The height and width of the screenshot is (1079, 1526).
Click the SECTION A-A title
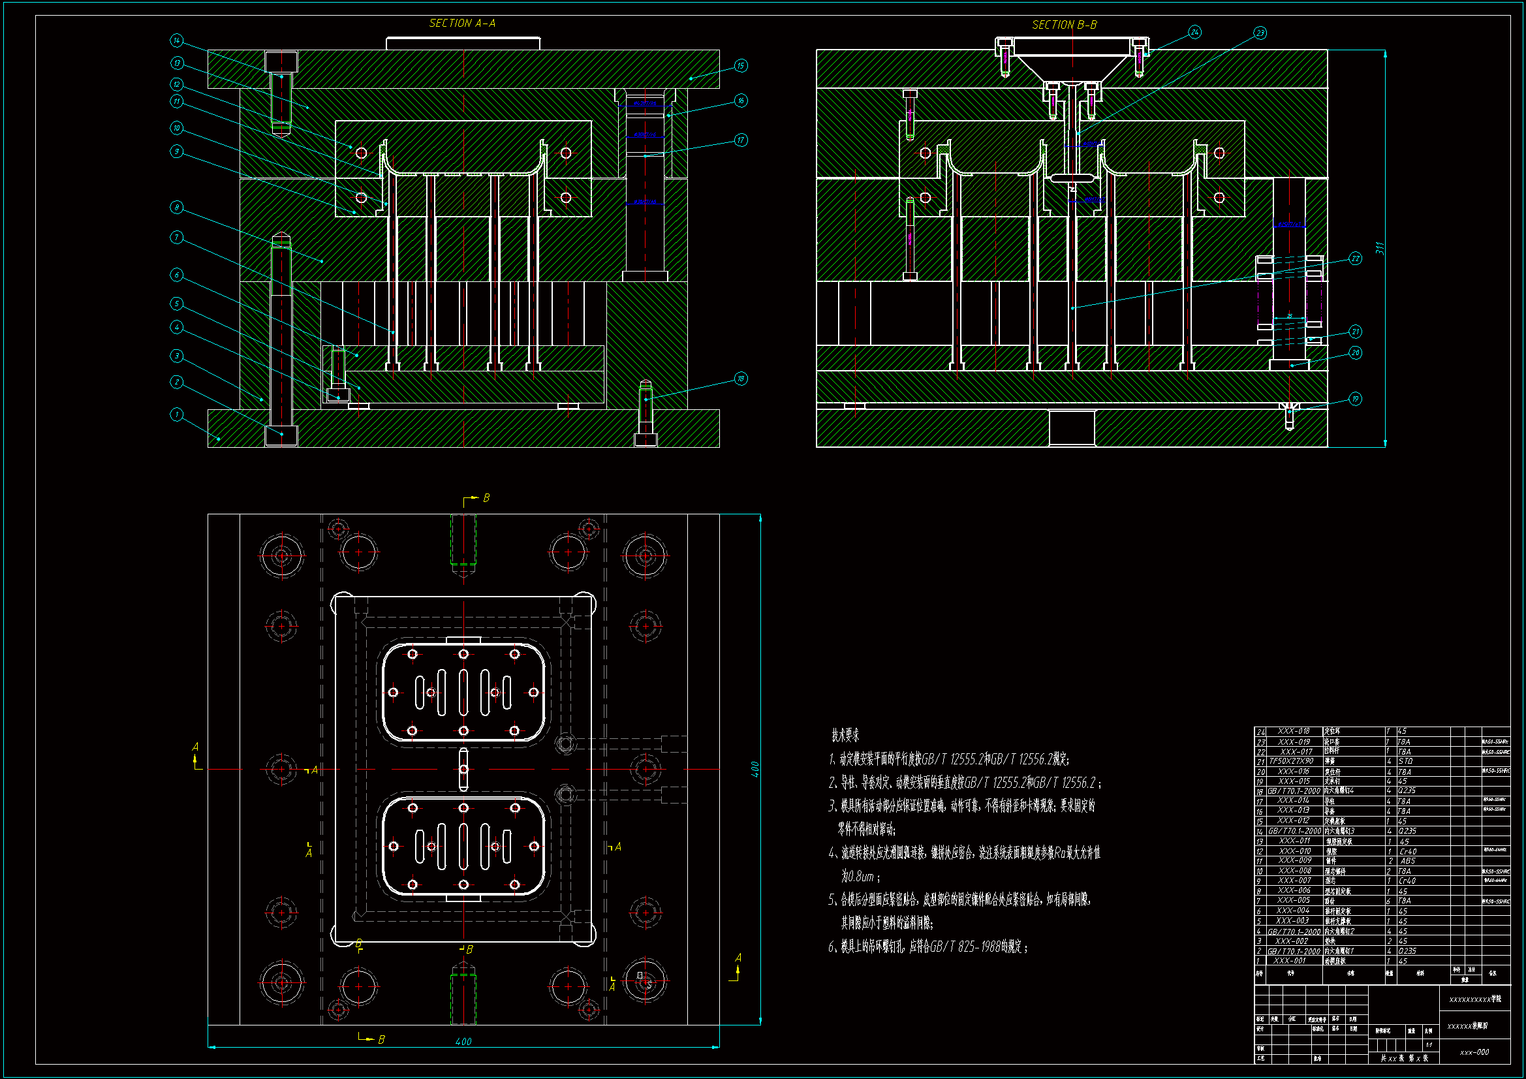tap(462, 23)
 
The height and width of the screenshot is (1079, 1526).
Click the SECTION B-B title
tap(1064, 25)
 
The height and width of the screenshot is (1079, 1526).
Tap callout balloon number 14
tap(176, 41)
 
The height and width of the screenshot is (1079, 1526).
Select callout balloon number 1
tap(176, 415)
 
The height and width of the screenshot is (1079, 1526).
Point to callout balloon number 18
tap(740, 379)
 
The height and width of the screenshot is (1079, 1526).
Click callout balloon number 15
tap(740, 66)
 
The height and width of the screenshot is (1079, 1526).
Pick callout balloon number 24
tap(1194, 32)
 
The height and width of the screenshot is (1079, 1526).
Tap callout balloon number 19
tap(1355, 399)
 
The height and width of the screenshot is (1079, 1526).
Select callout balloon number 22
tap(1355, 258)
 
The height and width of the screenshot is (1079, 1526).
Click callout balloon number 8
tap(176, 208)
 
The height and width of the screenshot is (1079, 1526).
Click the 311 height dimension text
tap(1380, 248)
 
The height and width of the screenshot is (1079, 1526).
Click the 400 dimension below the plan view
tap(463, 1042)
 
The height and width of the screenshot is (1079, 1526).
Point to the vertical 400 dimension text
tap(755, 769)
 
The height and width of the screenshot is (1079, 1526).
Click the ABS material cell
tap(1407, 861)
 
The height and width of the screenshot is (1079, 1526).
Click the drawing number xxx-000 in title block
tap(1474, 1052)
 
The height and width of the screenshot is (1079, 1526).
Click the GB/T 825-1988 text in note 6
tap(965, 947)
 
